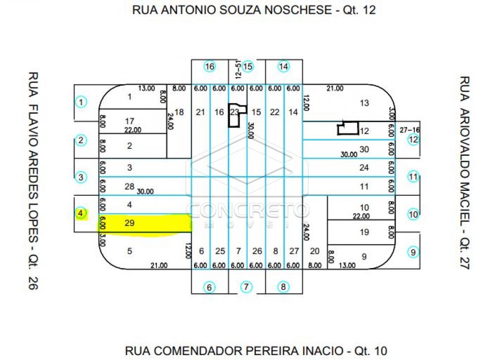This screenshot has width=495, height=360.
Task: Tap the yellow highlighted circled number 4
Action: point(81,214)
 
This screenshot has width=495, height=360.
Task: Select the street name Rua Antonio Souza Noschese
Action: point(254,10)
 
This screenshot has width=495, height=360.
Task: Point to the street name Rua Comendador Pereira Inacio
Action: point(255,351)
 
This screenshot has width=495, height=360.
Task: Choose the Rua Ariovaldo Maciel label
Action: point(464,173)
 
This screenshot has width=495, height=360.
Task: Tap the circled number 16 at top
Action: point(210,66)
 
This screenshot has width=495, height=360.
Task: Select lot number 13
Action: point(364,103)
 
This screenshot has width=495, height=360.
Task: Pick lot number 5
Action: point(130,251)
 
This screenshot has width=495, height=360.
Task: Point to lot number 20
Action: point(315,251)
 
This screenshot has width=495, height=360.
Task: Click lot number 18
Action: point(179,112)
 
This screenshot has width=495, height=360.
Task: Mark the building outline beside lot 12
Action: point(347,129)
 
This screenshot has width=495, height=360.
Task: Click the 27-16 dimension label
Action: point(409,129)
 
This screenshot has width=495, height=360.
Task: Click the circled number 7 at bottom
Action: point(247,287)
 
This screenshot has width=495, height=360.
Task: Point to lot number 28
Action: point(130,186)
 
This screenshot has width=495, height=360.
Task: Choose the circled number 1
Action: point(81,102)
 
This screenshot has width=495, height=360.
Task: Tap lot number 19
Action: point(364,231)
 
